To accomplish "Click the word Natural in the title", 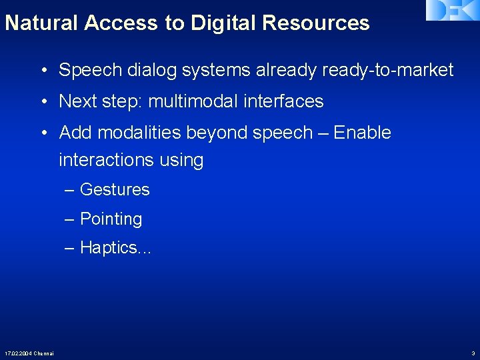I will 42,23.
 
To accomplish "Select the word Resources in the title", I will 315,23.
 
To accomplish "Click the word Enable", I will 362,133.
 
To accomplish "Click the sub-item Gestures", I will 115,190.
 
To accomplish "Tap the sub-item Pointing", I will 111,219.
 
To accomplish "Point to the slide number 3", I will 473,353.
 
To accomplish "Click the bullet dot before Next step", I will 43,101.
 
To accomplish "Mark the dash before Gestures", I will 70,190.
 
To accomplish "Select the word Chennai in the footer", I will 44,353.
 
